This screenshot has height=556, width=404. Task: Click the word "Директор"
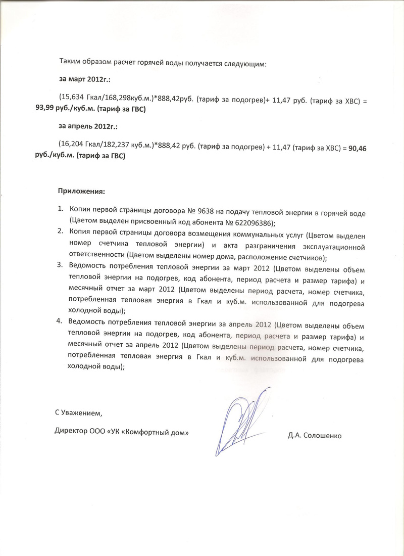click(71, 433)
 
